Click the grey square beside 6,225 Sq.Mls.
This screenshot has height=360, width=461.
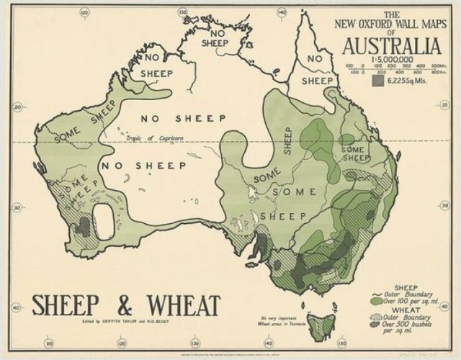click(377, 82)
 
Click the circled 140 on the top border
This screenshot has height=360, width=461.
click(280, 12)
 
